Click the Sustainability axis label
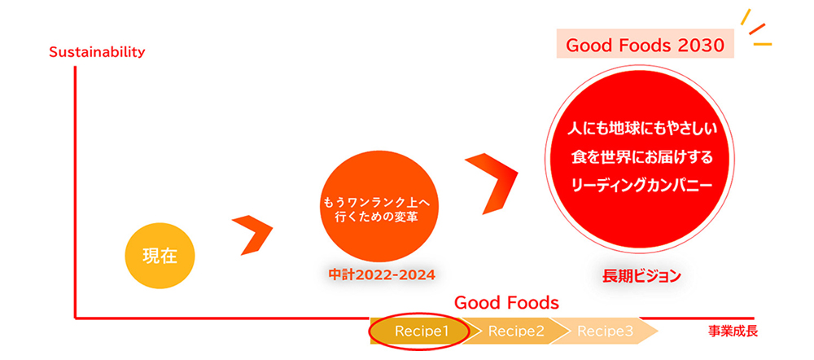(96, 52)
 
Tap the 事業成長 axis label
(733, 331)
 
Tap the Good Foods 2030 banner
(645, 45)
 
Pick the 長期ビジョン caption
(641, 276)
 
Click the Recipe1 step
(420, 331)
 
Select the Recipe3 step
(606, 331)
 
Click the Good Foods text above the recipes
(506, 302)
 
